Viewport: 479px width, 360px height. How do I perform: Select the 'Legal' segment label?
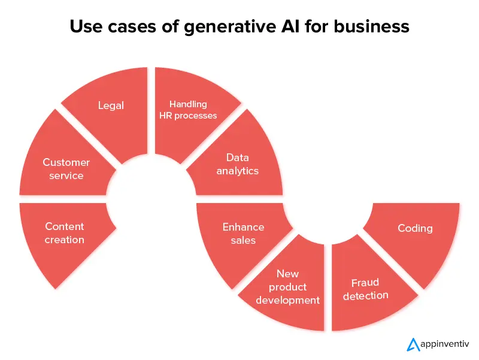[x=111, y=105]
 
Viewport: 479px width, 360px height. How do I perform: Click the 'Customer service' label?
[x=66, y=169]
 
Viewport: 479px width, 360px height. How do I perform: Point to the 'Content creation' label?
[x=65, y=233]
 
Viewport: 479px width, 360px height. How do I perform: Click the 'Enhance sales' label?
[x=243, y=234]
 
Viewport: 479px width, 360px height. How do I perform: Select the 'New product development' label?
[x=287, y=287]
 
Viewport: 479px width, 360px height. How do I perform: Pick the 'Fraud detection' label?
[x=365, y=289]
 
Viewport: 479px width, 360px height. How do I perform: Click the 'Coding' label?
[x=415, y=228]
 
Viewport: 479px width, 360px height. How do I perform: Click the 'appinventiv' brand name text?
[x=445, y=344]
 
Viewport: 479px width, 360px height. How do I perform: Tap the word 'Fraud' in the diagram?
[x=365, y=282]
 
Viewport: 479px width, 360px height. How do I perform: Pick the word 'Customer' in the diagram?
[x=66, y=162]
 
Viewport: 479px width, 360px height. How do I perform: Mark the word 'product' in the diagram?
[x=287, y=287]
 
